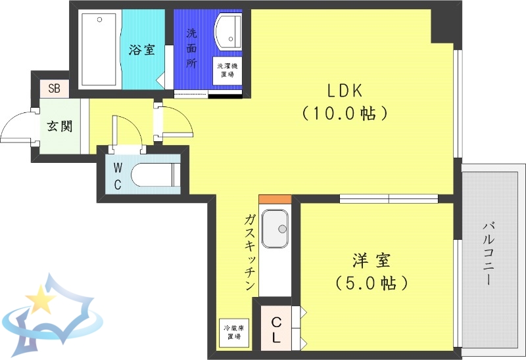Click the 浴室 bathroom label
(141, 49)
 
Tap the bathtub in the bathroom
(99, 48)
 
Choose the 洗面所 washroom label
(191, 48)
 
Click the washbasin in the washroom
(227, 30)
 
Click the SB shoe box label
(53, 88)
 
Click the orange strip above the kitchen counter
(274, 199)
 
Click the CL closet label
(277, 330)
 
